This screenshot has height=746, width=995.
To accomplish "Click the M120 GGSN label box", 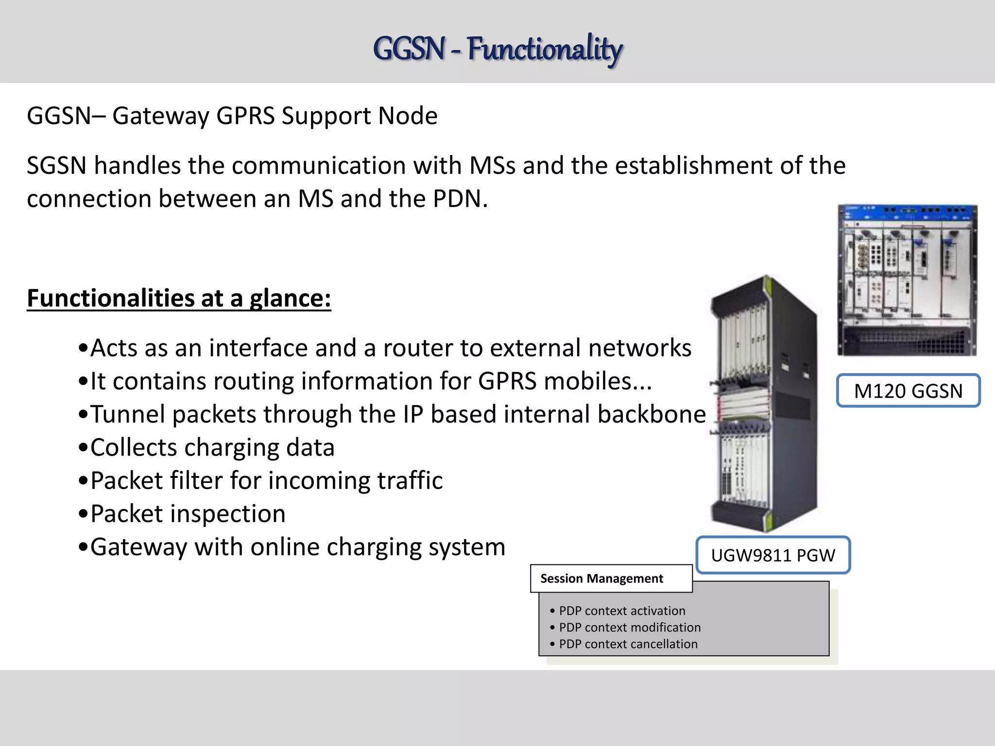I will click(x=908, y=390).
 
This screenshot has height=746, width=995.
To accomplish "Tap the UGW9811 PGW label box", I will click(x=773, y=555).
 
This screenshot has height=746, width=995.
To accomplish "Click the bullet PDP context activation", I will click(x=622, y=610).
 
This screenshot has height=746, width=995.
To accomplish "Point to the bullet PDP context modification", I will click(x=630, y=627).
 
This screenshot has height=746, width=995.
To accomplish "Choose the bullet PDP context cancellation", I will click(x=628, y=644).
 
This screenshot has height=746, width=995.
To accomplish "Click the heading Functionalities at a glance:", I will click(x=179, y=298).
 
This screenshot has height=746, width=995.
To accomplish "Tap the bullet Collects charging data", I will click(x=212, y=447).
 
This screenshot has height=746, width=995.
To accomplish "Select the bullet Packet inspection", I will click(x=188, y=514).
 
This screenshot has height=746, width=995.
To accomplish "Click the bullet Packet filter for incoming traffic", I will click(x=266, y=480).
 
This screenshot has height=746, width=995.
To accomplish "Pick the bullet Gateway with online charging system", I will click(x=297, y=547).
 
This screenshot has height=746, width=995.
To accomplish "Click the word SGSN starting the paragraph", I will click(x=56, y=166).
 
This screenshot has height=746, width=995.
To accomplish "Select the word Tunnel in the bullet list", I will click(x=128, y=414).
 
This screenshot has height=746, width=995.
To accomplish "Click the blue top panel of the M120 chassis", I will click(x=907, y=212).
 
